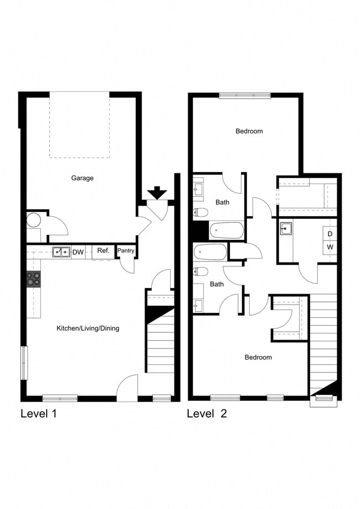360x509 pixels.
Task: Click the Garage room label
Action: click(82, 178)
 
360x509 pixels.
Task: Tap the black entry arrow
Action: click(157, 193)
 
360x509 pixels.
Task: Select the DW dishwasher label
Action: click(78, 252)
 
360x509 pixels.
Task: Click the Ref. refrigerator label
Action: click(103, 251)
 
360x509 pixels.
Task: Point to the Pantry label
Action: click(126, 251)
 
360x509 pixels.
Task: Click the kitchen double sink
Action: click(61, 252)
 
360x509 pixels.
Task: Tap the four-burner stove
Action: click(33, 279)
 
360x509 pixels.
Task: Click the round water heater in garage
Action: click(33, 220)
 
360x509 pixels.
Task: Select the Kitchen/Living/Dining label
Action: click(88, 328)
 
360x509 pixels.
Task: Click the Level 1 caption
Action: click(38, 413)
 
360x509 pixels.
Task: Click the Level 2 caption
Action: click(207, 413)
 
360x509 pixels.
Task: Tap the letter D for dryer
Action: click(330, 234)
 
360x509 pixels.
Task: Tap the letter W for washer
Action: click(330, 247)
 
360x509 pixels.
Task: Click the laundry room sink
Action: click(286, 228)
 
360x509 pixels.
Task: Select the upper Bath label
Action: click(223, 202)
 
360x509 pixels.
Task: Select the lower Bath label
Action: click(217, 284)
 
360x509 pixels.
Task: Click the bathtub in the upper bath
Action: click(227, 229)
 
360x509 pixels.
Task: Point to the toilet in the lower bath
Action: click(201, 271)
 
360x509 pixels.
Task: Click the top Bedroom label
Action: click(249, 131)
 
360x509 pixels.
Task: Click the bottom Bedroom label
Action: click(258, 357)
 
